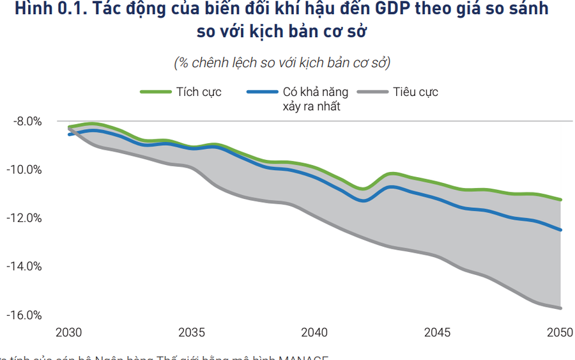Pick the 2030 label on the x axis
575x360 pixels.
[x=69, y=333]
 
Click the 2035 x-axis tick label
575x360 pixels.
[x=192, y=333]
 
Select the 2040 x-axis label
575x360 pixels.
[x=314, y=333]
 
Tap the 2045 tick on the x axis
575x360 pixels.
[x=438, y=333]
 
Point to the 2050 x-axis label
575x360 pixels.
[x=560, y=333]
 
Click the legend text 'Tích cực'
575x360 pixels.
[x=199, y=92]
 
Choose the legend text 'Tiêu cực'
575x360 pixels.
[x=416, y=92]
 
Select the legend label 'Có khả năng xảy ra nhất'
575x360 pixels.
[x=311, y=99]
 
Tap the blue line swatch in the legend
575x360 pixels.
[x=263, y=92]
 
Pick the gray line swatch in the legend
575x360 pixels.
[x=372, y=92]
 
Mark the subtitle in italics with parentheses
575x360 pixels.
[x=282, y=63]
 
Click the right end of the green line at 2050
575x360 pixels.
[x=560, y=200]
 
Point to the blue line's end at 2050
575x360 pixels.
[x=560, y=230]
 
